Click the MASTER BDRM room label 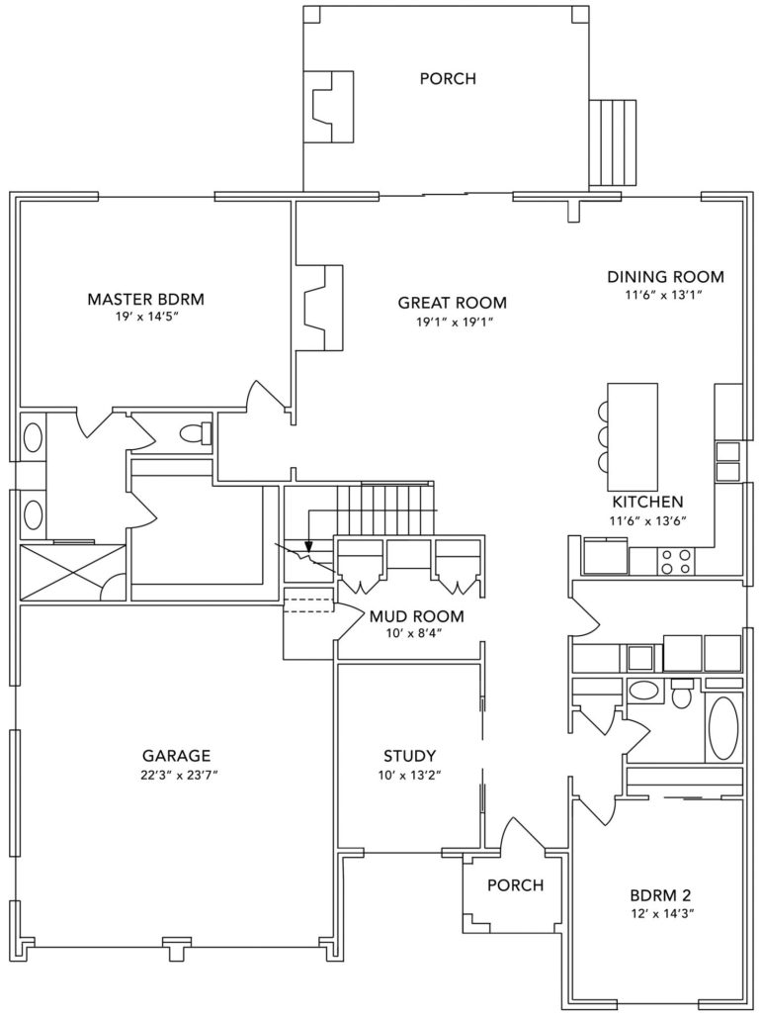145,300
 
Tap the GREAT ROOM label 452,303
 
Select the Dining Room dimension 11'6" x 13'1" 665,295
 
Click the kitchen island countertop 633,436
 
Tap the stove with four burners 676,562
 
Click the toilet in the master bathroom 196,432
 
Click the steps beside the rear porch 613,143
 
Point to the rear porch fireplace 330,106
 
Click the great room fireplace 319,307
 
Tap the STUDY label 409,756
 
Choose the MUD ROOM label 416,615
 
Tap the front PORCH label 516,884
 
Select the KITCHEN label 648,502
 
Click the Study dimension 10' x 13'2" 409,775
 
